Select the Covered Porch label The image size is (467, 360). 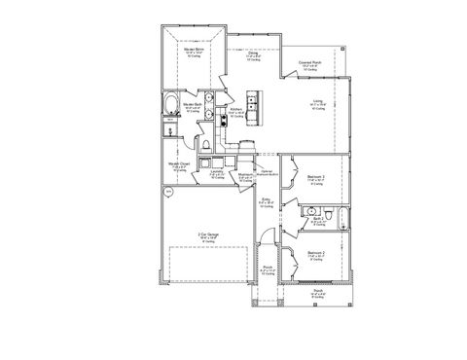(312, 64)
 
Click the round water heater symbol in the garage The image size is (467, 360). (167, 193)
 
